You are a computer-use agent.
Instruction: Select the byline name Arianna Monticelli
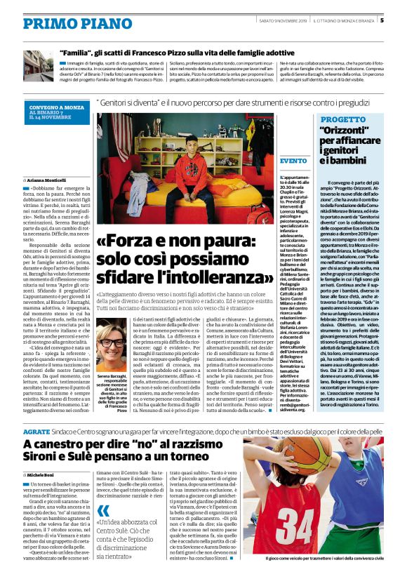tap(55, 180)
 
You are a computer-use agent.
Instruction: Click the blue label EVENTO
tap(293, 161)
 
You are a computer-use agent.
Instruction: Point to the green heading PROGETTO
tap(338, 120)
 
